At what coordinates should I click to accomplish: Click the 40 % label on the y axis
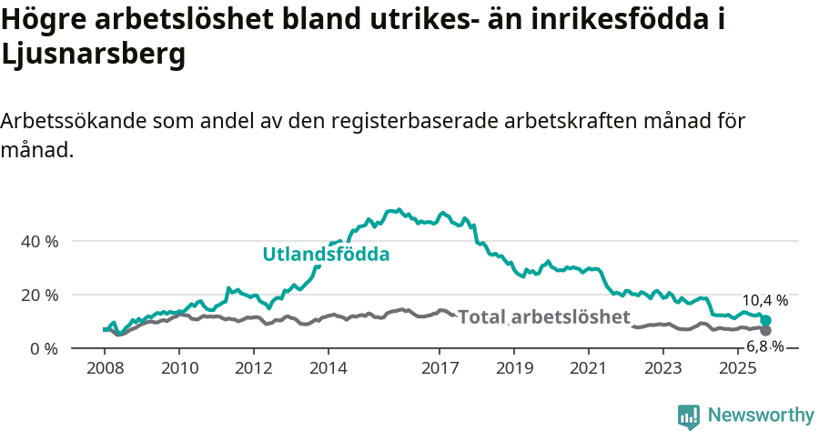pos(39,242)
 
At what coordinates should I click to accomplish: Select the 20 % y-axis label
pos(39,296)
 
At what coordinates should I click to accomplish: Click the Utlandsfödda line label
pos(326,255)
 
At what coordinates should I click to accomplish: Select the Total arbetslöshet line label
pos(544,317)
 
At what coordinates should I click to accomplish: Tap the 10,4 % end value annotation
pos(765,300)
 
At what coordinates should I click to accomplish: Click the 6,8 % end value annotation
pos(765,346)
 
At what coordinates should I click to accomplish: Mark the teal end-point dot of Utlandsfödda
pos(766,321)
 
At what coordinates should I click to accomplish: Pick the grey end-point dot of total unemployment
pos(766,330)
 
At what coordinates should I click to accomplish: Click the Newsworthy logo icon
pos(689,416)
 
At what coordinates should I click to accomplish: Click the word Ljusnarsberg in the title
pos(94,55)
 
